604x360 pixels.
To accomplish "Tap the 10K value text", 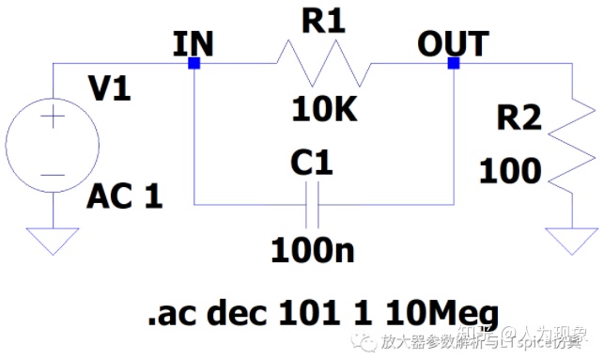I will point(324,111).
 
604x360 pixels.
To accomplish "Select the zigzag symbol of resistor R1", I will point(323,65).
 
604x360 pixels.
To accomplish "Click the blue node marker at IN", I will point(194,64).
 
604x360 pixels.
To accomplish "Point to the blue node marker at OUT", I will point(454,64).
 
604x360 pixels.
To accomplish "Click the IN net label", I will point(194,43).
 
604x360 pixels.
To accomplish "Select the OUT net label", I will point(453,43).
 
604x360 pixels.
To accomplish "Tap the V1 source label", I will point(109,91).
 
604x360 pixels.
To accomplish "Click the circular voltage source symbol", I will point(53,145).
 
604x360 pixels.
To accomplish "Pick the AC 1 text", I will point(125,196).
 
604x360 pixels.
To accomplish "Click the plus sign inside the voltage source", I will point(53,119).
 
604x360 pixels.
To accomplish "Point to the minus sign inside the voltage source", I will point(53,173).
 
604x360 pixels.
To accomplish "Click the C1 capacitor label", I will point(312,164).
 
